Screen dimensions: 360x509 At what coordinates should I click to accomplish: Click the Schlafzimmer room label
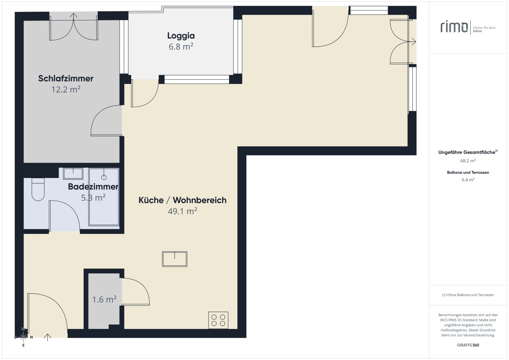click(66, 79)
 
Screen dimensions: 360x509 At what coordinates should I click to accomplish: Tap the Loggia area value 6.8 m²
click(181, 47)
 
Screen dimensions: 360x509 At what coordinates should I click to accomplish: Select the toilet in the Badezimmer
click(38, 190)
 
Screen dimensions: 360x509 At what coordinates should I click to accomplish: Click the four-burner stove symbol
click(218, 320)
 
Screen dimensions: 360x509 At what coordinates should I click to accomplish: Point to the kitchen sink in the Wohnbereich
click(175, 259)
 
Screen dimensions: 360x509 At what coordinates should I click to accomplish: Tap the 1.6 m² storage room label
click(104, 299)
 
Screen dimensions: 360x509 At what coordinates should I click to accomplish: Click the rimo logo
click(454, 27)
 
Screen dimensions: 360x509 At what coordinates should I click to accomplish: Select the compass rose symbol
click(23, 337)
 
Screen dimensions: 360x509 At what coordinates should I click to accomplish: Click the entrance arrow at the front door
click(48, 337)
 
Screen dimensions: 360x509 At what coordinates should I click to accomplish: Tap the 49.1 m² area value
click(182, 211)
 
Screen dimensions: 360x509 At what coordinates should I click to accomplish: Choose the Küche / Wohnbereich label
click(182, 200)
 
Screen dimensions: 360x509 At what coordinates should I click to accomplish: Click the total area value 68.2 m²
click(468, 161)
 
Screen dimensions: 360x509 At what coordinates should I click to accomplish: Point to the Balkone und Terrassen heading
click(468, 173)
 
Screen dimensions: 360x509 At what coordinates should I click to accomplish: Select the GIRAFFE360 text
click(468, 345)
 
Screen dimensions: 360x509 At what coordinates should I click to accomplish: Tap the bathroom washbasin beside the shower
click(73, 173)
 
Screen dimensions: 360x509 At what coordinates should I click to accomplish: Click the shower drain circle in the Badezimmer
click(104, 177)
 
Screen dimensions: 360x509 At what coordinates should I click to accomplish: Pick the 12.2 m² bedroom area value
click(66, 90)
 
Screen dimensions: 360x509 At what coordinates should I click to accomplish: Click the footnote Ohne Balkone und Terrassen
click(468, 295)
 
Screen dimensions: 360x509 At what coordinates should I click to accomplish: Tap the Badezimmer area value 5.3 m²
click(93, 198)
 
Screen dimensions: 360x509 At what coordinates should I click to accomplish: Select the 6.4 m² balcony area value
click(468, 180)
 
